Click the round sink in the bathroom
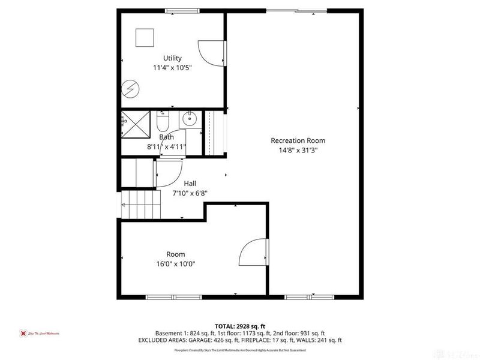[x=189, y=119]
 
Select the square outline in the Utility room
[x=145, y=38]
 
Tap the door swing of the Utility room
[x=211, y=53]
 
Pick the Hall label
[x=190, y=183]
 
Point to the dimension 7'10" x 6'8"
[x=190, y=193]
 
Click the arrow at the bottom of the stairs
[x=125, y=204]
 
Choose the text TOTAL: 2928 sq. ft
[x=239, y=326]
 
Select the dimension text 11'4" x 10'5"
[x=172, y=68]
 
